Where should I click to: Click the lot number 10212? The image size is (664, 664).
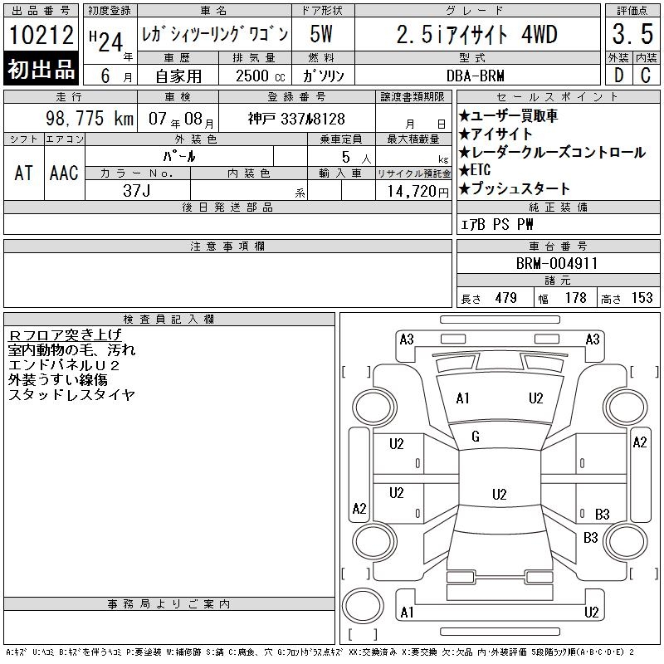pos(41,34)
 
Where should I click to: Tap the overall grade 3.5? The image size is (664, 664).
pos(632,34)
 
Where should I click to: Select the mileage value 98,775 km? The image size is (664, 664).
pos(90,118)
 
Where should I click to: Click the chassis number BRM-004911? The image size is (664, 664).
pos(557,263)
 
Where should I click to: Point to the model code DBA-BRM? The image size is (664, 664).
pos(475,76)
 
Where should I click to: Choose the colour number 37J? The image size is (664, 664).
pos(136,191)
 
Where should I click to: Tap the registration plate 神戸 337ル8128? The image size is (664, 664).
pos(296,119)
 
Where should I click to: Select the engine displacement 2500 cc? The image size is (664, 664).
pos(260,76)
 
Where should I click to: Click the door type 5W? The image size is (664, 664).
pos(321,34)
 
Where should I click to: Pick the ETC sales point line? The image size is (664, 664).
pos(475,170)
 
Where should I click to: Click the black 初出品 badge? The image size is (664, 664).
pos(41,69)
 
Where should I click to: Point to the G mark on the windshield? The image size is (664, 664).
pos(476,437)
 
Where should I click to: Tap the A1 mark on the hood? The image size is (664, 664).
pos(462,398)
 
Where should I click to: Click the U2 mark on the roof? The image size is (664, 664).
pos(500,495)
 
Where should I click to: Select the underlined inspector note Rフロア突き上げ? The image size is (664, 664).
pos(65,335)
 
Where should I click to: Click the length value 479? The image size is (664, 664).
pos(505,298)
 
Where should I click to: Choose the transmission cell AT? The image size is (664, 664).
pos(23,173)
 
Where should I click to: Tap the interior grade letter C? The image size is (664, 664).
pos(646,76)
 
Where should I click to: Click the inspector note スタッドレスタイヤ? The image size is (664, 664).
pos(71,395)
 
